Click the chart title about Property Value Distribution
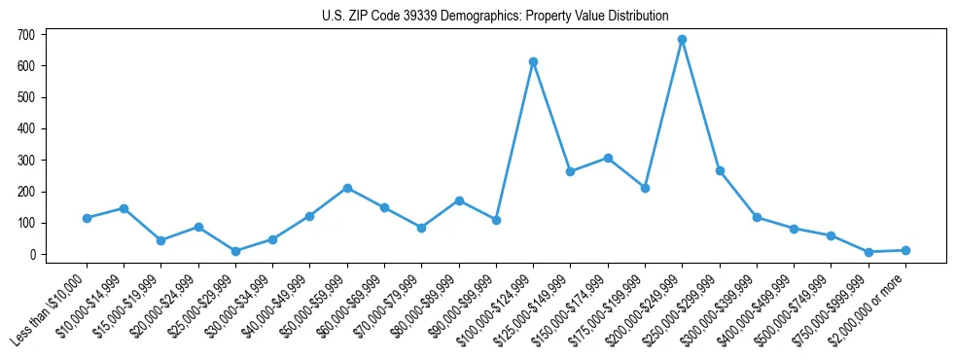(495, 17)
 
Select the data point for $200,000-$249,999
(682, 40)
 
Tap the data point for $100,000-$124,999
(533, 61)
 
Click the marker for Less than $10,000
(87, 218)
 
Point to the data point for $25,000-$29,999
(235, 251)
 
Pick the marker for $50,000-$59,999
(347, 188)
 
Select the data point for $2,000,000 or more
(905, 250)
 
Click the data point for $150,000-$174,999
(608, 158)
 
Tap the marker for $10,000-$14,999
(124, 208)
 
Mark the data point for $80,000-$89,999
(459, 200)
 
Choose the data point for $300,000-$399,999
(757, 217)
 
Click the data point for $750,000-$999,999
(868, 252)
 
